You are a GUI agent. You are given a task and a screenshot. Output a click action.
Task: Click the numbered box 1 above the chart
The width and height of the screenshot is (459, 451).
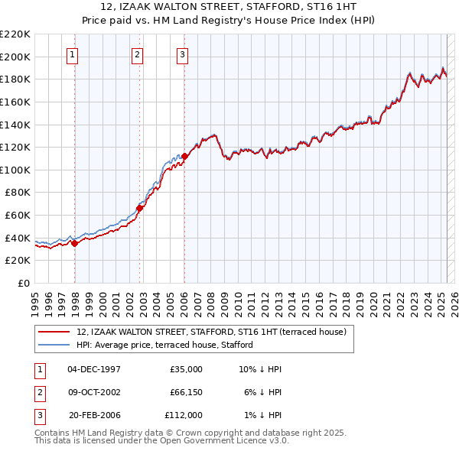pyautogui.click(x=71, y=54)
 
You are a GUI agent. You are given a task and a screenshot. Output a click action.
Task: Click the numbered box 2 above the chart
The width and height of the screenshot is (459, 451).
pyautogui.click(x=137, y=54)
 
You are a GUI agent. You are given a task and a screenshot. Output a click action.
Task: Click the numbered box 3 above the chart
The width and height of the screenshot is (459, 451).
pyautogui.click(x=183, y=54)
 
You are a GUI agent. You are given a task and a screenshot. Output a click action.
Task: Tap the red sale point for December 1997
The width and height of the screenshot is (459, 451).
pyautogui.click(x=75, y=244)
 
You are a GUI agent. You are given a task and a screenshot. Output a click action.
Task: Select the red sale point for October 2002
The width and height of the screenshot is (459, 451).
pyautogui.click(x=140, y=208)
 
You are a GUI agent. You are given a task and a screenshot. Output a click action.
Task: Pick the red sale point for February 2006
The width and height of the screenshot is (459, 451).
pyautogui.click(x=184, y=156)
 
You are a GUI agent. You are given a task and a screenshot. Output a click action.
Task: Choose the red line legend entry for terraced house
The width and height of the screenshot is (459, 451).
pyautogui.click(x=211, y=332)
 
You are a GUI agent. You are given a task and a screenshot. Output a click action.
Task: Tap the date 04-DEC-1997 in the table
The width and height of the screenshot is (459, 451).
pyautogui.click(x=94, y=369)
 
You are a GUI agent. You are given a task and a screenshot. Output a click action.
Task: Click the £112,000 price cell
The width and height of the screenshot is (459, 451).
pyautogui.click(x=183, y=415)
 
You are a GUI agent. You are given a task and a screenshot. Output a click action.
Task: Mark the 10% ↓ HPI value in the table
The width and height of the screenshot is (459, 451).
pyautogui.click(x=261, y=369)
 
